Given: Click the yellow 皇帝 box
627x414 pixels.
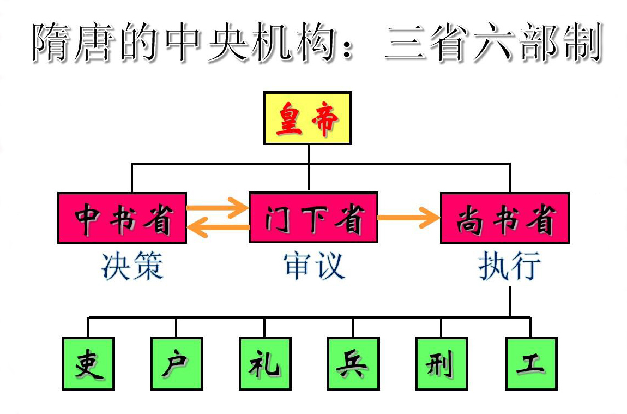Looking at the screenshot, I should (x=308, y=118).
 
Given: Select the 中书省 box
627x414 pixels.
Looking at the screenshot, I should (x=122, y=218).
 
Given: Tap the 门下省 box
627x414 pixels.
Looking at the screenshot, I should (x=314, y=218).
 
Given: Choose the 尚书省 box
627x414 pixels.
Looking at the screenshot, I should (x=504, y=218).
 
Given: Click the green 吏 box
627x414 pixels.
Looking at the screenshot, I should (x=88, y=363).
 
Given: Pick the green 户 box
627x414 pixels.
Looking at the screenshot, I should (x=177, y=363).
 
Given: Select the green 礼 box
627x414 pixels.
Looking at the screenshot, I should (x=265, y=363).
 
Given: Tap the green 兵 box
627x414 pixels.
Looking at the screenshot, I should (x=353, y=363).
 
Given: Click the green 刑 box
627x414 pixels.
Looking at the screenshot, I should (x=441, y=363).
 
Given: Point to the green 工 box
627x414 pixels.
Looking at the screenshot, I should (x=530, y=363).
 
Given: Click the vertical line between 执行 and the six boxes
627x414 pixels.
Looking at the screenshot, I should (x=510, y=301).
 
